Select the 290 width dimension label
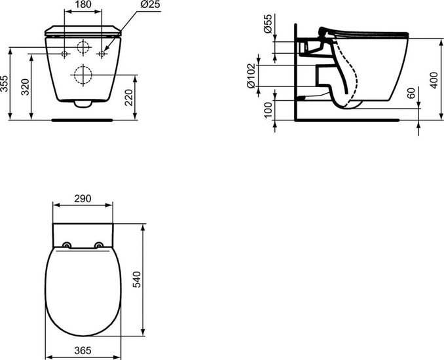83,197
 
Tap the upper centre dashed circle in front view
83,47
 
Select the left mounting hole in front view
65,52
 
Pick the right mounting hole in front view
101,52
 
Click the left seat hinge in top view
67,246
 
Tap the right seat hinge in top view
99,246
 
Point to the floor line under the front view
83,120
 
